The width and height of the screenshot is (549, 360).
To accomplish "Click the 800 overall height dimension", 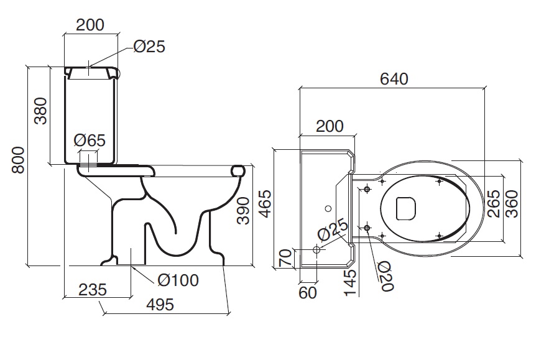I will (18, 160).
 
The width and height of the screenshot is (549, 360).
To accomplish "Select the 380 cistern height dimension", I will (40, 111).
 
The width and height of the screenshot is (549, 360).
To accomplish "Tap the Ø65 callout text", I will (90, 141).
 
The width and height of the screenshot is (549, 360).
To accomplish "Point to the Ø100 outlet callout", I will (178, 280).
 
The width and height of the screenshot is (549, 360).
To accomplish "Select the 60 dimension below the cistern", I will (308, 292).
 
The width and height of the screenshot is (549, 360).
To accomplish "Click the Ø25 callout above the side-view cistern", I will (149, 47).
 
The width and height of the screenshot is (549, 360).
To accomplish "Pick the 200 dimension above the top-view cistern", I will (330, 126).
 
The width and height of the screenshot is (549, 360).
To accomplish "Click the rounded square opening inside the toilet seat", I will (405, 208).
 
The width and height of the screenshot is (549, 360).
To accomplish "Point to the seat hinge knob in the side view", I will (238, 170).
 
